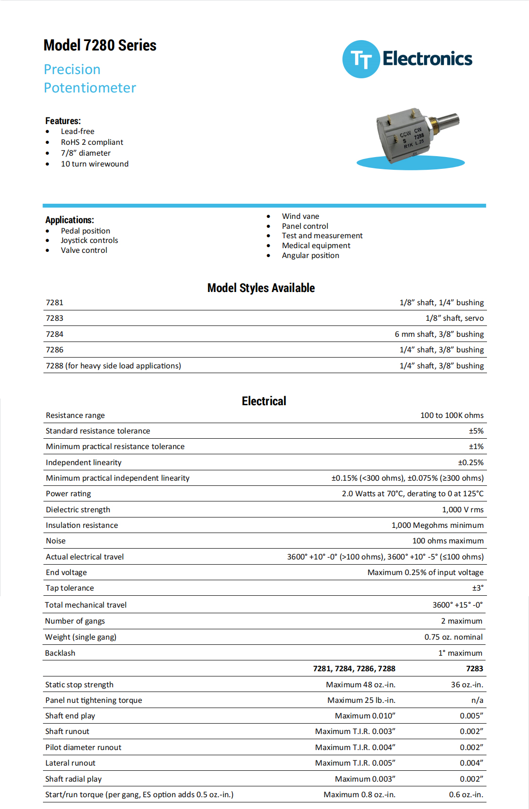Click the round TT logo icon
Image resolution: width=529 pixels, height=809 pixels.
pos(361,59)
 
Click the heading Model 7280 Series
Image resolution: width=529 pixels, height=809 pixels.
pos(100,45)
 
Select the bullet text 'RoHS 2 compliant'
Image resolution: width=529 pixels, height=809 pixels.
pos(92,142)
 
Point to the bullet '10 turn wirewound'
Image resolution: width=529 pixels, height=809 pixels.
pos(94,164)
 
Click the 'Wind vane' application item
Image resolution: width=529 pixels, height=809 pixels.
pos(300,216)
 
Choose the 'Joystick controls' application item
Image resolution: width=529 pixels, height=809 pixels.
pos(89,240)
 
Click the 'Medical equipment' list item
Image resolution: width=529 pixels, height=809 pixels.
pos(316,245)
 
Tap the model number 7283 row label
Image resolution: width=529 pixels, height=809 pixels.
pos(54,318)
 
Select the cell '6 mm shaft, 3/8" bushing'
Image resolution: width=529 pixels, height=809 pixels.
pos(439,334)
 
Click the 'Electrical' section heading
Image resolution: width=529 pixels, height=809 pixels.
pos(264,401)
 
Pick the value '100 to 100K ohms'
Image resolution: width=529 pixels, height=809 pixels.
pos(452,415)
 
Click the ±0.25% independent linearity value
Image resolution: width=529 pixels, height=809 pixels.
pos(470,462)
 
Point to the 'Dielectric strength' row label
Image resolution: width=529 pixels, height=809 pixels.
pos(78,509)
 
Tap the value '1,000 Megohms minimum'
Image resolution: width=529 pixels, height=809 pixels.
pos(437,525)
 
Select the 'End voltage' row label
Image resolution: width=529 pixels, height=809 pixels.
pos(66,572)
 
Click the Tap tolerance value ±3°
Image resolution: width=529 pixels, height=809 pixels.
pos(478,588)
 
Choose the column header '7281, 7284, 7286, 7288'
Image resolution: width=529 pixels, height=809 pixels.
pos(354,668)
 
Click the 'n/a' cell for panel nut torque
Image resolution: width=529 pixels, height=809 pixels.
pos(477,700)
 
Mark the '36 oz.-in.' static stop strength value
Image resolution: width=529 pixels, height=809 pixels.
pos(467,684)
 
